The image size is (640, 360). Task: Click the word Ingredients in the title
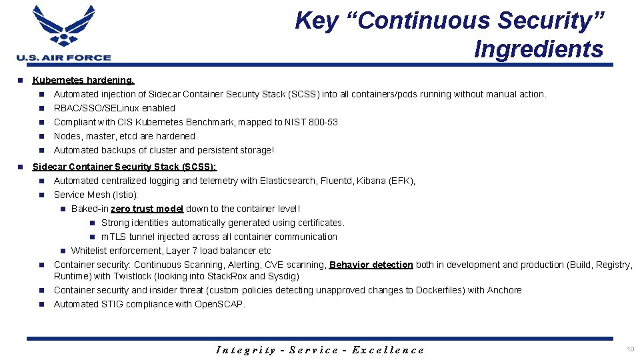539,49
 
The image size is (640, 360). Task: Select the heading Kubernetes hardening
83,80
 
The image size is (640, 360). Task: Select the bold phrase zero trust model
147,209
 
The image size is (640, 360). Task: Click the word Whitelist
90,251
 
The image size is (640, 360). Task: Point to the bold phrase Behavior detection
371,265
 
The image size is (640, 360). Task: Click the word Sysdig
284,276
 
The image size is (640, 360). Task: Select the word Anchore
504,290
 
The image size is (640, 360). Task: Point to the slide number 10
630,349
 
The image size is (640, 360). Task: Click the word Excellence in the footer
388,350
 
